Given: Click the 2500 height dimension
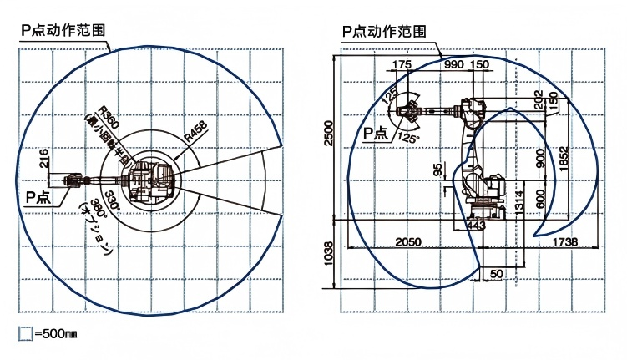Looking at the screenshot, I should pos(329,133).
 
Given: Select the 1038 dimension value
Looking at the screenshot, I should pos(329,252).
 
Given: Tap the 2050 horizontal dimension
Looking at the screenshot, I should pos(407,241).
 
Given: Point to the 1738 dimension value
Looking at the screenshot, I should pos(564,241).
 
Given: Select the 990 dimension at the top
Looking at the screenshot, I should pos(453,64).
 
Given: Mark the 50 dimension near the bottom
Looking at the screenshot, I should pos(497,273).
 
